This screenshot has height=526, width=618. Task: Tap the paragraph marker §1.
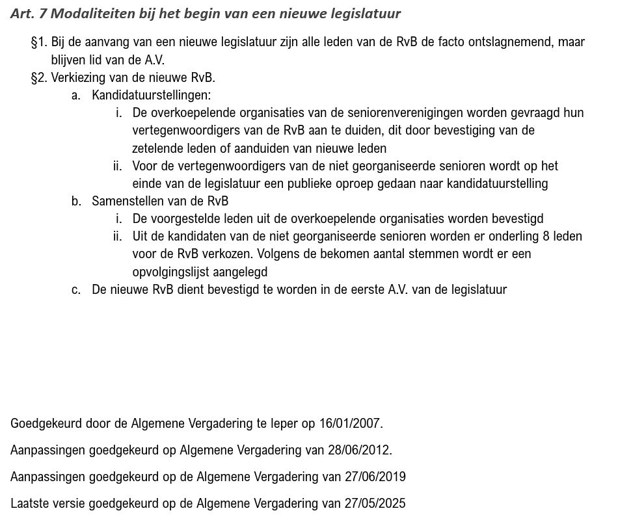tap(38, 42)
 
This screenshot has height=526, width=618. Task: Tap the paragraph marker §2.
tap(38, 78)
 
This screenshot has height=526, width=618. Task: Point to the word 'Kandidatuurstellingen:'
tap(152, 96)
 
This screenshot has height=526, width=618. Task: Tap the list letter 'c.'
tap(76, 290)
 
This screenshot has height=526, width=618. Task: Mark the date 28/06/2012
tap(360, 451)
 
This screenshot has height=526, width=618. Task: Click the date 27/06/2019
tap(373, 477)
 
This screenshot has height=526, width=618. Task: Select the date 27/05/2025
tap(373, 504)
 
